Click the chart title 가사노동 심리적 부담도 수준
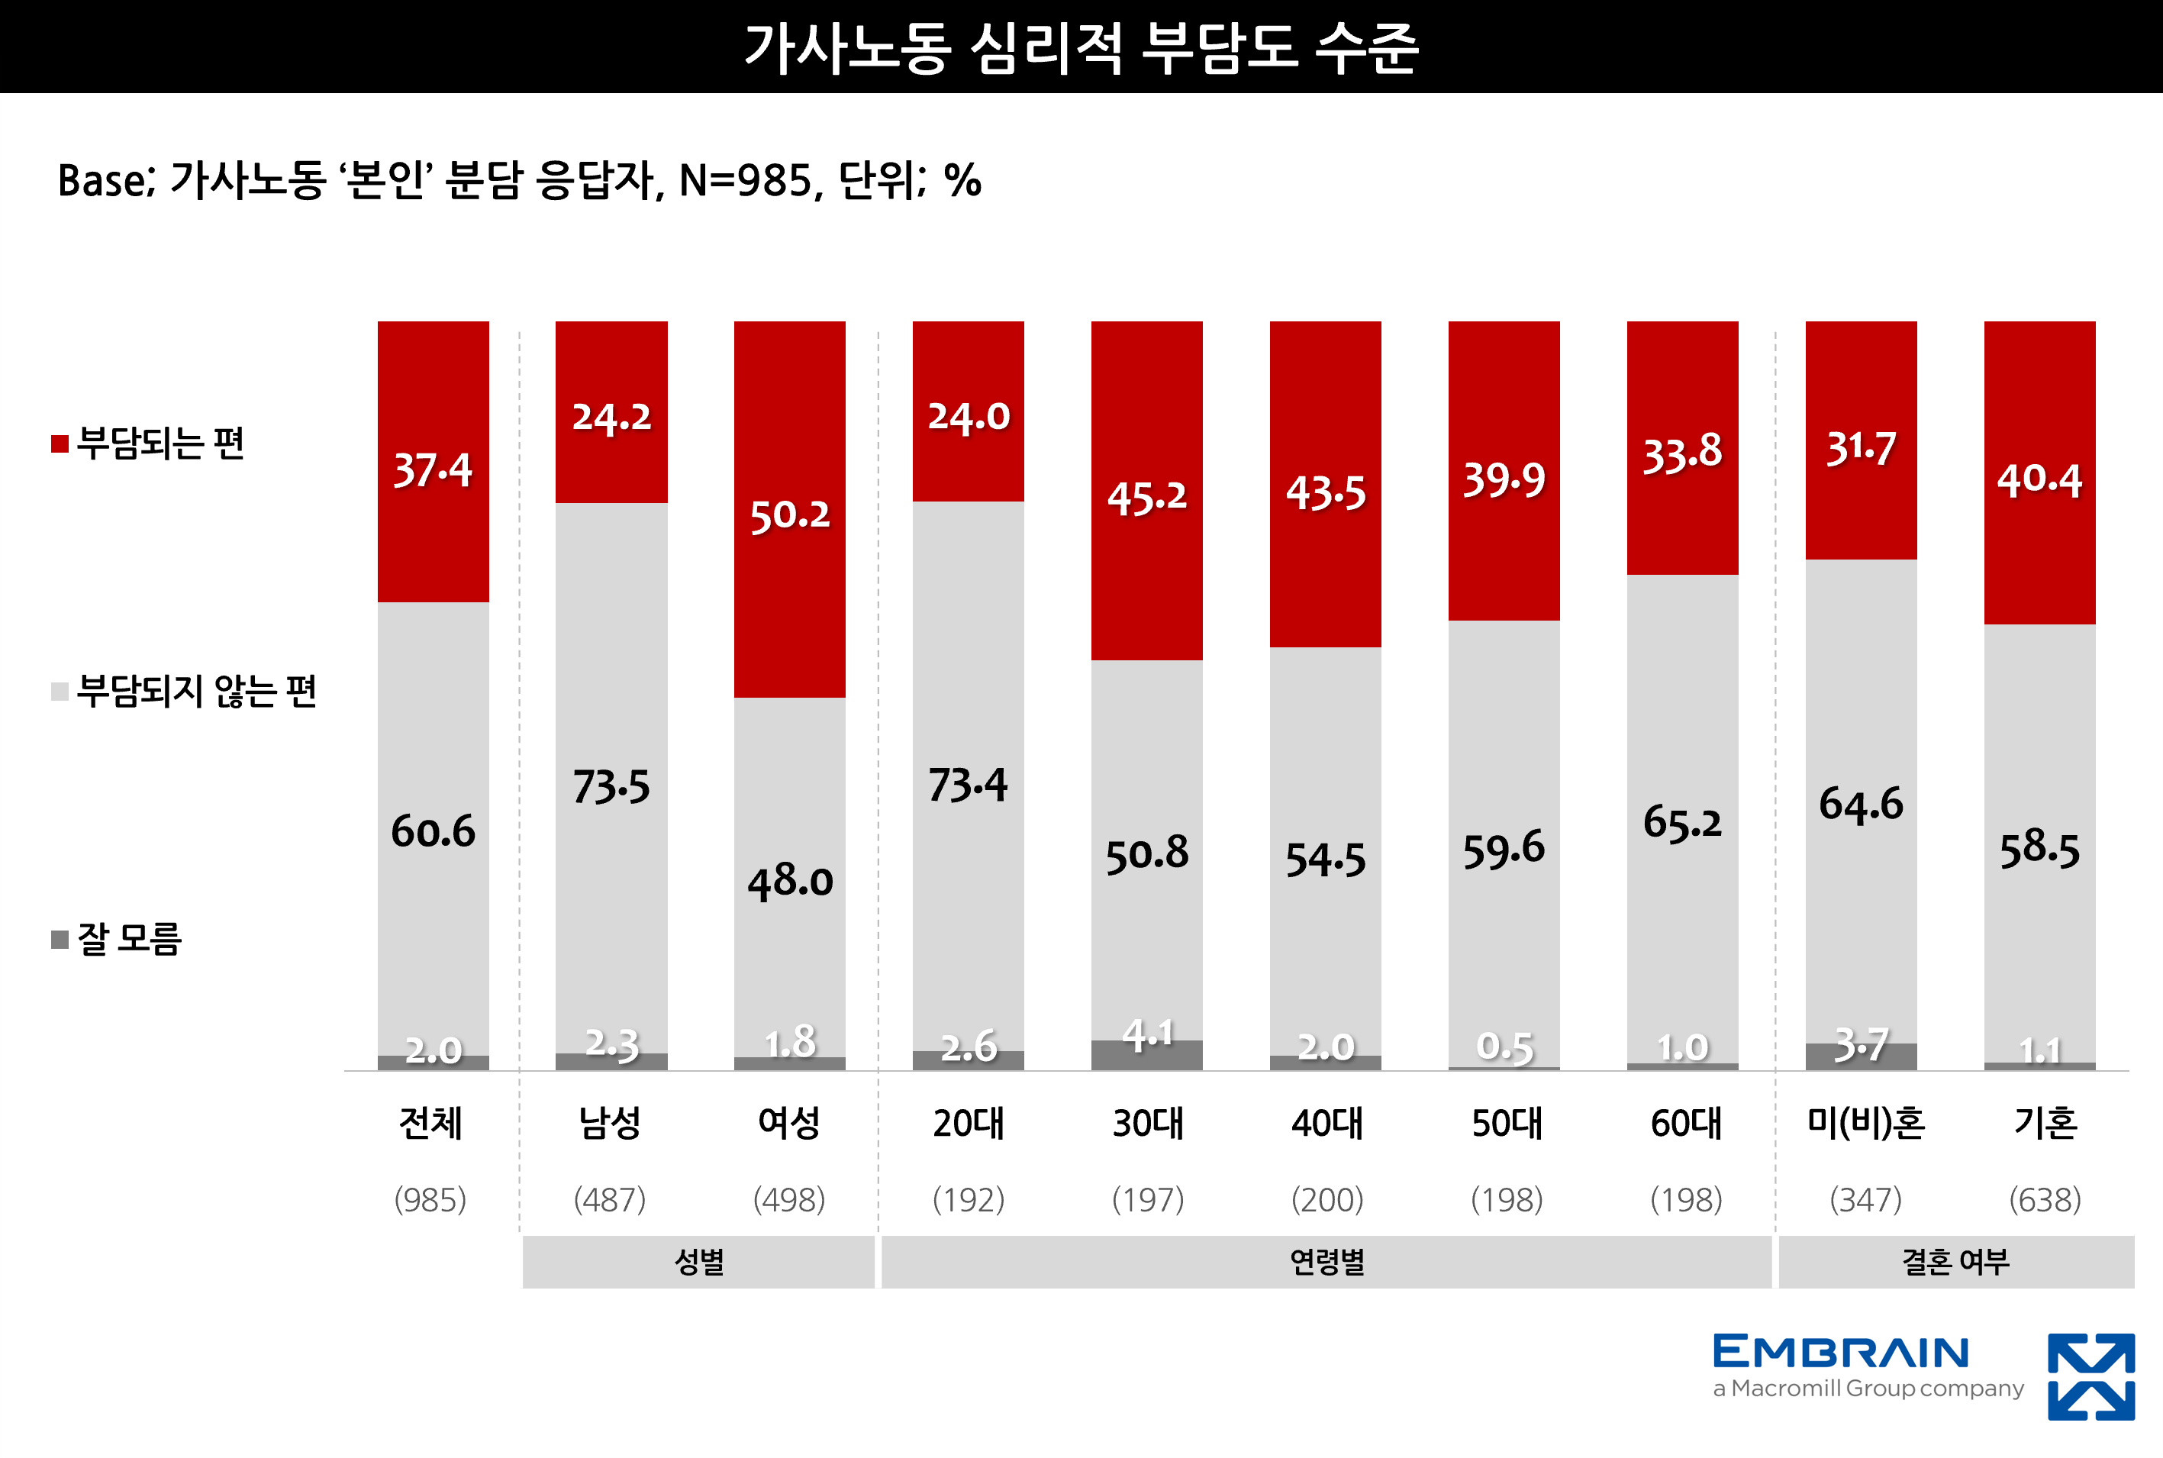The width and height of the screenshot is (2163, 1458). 1081,48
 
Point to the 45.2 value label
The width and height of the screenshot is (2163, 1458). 1147,498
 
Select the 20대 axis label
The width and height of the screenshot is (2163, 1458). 969,1123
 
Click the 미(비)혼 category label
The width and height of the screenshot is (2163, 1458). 1865,1123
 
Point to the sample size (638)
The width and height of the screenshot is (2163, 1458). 2044,1199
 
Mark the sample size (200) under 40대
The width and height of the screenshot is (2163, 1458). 1326,1199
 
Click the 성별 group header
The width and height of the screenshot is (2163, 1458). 699,1262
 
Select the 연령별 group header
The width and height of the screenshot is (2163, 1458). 1326,1262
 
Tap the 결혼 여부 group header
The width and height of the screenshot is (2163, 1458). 1955,1262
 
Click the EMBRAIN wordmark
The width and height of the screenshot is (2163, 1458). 1840,1352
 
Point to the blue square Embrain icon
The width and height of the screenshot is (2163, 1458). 2090,1376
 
